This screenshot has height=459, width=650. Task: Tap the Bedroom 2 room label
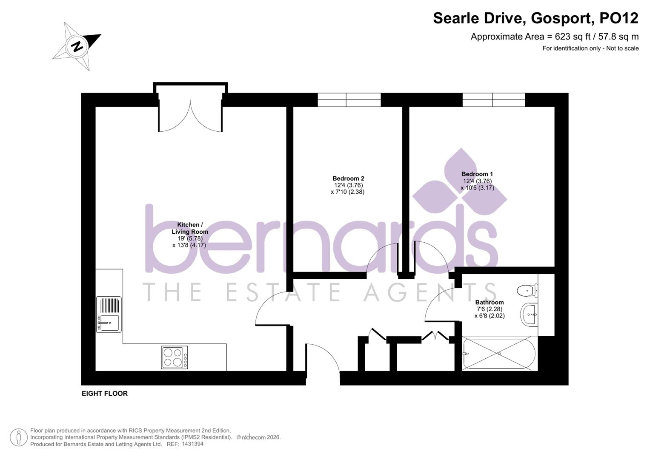pyautogui.click(x=348, y=178)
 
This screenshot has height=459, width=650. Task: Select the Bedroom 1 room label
pyautogui.click(x=477, y=174)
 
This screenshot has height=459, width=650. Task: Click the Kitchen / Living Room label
pyautogui.click(x=190, y=228)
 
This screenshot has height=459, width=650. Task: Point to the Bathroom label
pyautogui.click(x=490, y=302)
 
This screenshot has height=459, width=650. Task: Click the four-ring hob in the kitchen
pyautogui.click(x=175, y=357)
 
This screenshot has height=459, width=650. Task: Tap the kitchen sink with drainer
pyautogui.click(x=109, y=314)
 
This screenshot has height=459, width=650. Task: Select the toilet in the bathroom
pyautogui.click(x=527, y=291)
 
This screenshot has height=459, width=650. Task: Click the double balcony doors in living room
pyautogui.click(x=190, y=116)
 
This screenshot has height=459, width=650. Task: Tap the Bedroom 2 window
pyautogui.click(x=349, y=100)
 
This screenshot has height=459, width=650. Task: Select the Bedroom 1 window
pyautogui.click(x=494, y=100)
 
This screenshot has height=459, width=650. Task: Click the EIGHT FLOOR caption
pyautogui.click(x=105, y=394)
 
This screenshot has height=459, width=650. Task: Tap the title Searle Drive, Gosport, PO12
pyautogui.click(x=535, y=18)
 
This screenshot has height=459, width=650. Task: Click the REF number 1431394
pyautogui.click(x=193, y=444)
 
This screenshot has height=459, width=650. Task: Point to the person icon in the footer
pyautogui.click(x=18, y=437)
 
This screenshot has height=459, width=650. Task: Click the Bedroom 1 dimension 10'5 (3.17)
pyautogui.click(x=477, y=188)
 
